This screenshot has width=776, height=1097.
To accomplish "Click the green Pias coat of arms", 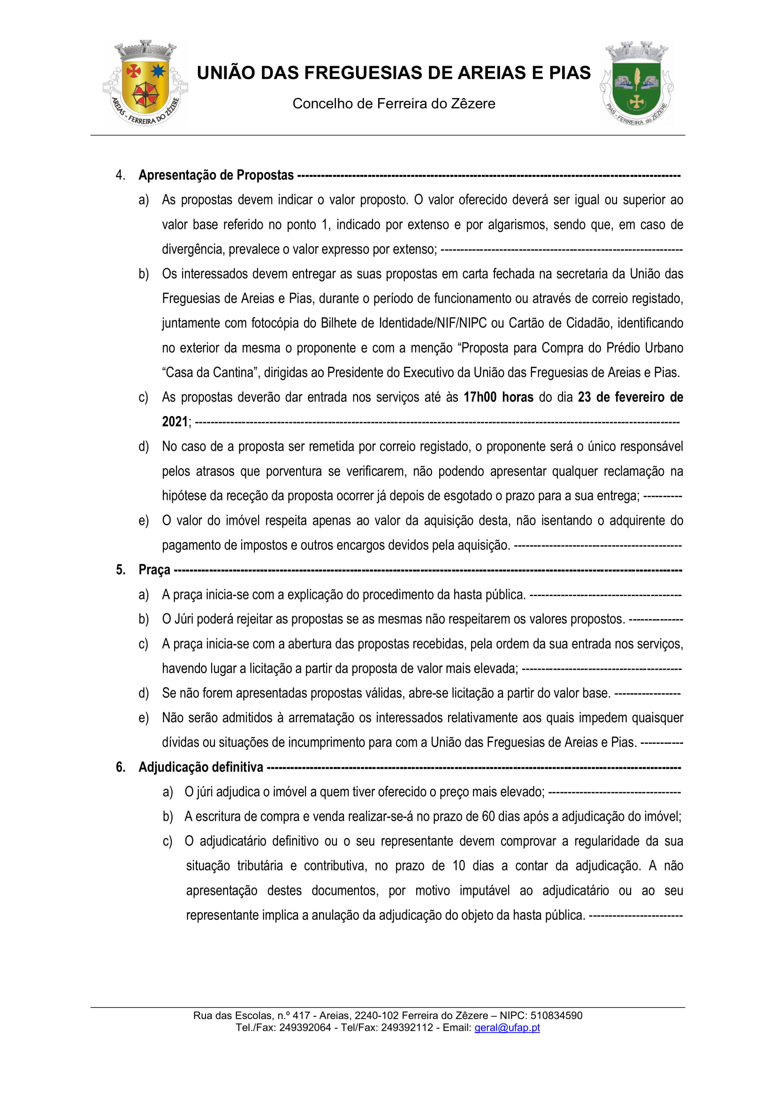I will [637, 83].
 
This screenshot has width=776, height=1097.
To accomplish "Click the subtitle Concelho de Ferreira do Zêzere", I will [394, 104].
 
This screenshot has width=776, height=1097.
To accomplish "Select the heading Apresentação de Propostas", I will [216, 175].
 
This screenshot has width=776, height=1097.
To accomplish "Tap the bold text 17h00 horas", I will [498, 397].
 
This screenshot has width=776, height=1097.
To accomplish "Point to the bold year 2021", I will [175, 422].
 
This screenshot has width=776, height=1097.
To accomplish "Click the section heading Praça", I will [154, 570].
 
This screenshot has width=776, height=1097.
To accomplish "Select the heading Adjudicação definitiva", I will [201, 767].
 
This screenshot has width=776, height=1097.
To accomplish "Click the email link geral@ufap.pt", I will [507, 1028].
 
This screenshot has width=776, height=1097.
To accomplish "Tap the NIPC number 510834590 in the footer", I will [556, 1016].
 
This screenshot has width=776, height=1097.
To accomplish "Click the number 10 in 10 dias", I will [458, 866].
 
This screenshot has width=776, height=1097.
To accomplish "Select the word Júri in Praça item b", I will [184, 619].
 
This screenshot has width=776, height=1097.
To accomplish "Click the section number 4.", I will [120, 175].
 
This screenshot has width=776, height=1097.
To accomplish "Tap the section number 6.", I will [121, 767].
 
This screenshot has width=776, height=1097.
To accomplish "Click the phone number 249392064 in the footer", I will [305, 1028].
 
